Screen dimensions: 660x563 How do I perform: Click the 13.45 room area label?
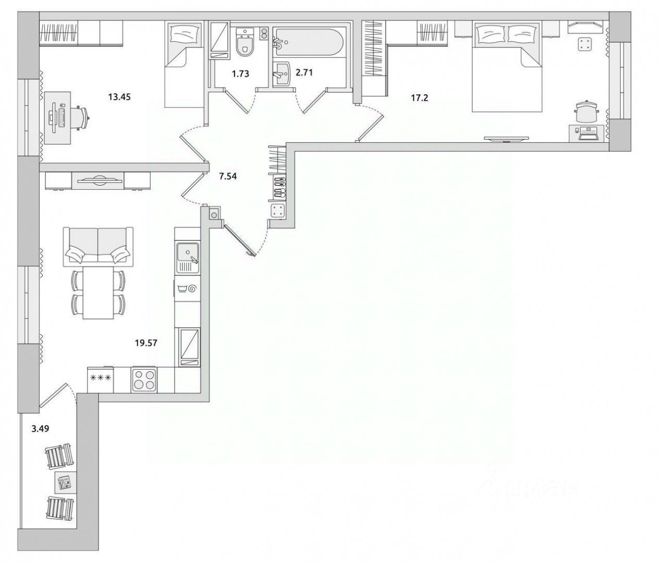click(x=119, y=97)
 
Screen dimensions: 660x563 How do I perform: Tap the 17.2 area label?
click(x=419, y=97)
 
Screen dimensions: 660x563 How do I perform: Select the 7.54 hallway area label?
click(x=228, y=176)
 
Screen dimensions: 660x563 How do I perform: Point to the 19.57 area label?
click(x=146, y=344)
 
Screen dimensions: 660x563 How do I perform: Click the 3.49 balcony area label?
click(x=40, y=429)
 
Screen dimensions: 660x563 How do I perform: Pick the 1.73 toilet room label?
click(x=240, y=74)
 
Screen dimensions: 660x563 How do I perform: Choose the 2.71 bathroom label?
click(x=304, y=73)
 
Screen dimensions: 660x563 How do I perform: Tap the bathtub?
click(x=309, y=43)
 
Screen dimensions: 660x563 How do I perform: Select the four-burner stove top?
click(x=144, y=380)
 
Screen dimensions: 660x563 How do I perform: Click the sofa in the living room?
click(x=99, y=247)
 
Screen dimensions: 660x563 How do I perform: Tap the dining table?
click(x=99, y=293)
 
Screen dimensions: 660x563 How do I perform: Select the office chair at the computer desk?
click(x=78, y=117)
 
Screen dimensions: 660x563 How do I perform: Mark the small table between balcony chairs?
click(x=66, y=482)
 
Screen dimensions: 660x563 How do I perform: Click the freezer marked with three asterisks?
click(x=101, y=380)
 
